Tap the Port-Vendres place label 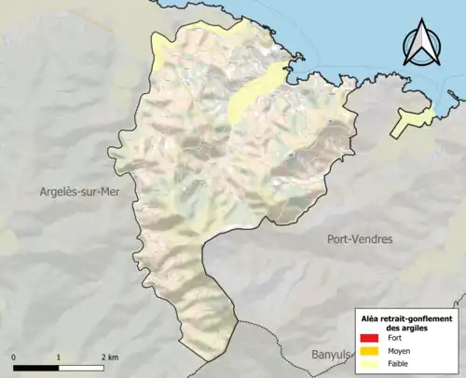tap(360, 239)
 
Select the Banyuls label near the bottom tap(332, 355)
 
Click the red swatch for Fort tap(370, 338)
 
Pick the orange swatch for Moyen tap(370, 351)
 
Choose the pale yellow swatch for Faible tap(370, 364)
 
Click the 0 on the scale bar tap(15, 357)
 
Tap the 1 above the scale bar tap(59, 357)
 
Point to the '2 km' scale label tap(108, 357)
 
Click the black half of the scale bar tap(36, 366)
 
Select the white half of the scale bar tap(81, 366)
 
